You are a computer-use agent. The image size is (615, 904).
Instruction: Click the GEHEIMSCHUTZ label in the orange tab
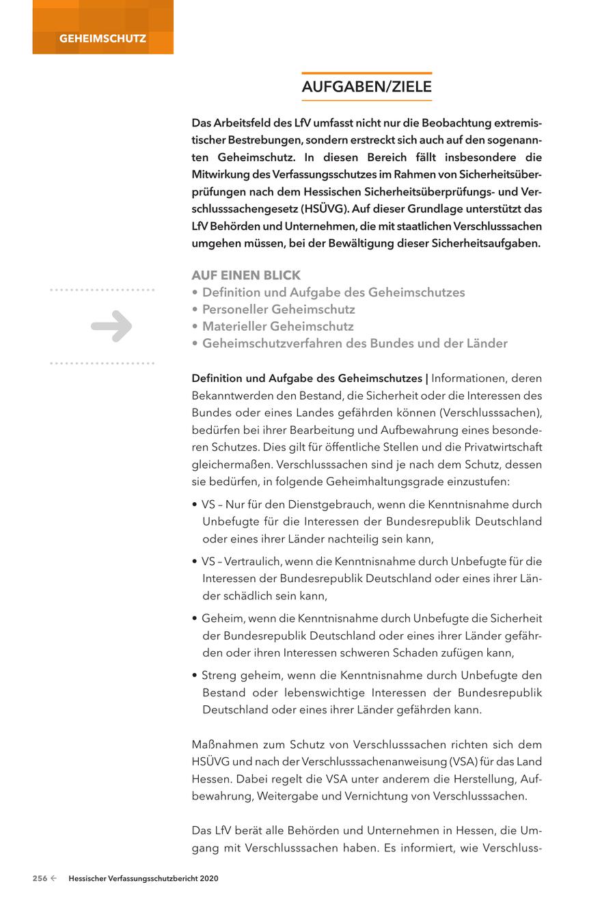click(102, 39)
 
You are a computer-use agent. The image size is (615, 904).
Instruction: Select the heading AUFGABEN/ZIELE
click(367, 87)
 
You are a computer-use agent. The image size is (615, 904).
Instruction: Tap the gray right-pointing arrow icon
click(111, 326)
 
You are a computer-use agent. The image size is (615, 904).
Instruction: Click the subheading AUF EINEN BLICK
click(246, 275)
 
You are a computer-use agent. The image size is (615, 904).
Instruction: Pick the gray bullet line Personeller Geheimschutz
click(278, 310)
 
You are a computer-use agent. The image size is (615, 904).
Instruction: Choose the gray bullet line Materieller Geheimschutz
click(277, 327)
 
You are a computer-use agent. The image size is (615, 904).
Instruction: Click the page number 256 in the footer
click(40, 879)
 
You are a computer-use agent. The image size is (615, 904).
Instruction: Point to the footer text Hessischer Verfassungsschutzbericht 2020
click(143, 879)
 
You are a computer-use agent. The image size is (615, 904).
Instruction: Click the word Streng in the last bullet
click(218, 675)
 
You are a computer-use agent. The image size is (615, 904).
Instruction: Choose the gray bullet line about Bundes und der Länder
click(355, 344)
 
